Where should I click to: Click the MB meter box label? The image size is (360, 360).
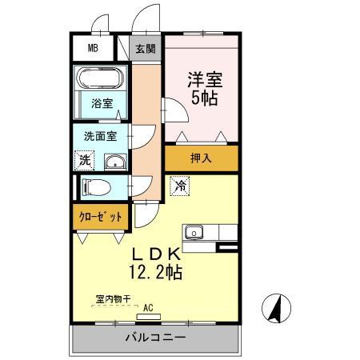[x=93, y=48]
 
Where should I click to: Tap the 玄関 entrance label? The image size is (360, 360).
[x=146, y=49]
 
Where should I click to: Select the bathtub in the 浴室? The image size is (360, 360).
[x=100, y=78]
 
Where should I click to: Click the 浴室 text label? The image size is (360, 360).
[x=102, y=103]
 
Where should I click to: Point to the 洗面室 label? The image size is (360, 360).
[x=100, y=136]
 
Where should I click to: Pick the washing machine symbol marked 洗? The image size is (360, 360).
[x=85, y=161]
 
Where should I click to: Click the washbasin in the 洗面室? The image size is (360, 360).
[x=115, y=162]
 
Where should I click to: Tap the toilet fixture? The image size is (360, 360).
[x=96, y=187]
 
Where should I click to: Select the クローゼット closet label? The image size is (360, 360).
[x=101, y=218]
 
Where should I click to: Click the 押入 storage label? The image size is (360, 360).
[x=201, y=158]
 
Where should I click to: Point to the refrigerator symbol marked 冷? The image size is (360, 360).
[x=180, y=186]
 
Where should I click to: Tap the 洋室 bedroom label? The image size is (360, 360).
[x=205, y=80]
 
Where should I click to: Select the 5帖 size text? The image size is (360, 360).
[x=205, y=98]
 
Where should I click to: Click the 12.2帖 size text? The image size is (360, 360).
[x=156, y=272]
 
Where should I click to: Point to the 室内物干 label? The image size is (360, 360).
[x=113, y=299]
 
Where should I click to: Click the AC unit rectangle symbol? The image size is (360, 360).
[x=149, y=317]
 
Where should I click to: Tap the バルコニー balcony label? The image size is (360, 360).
[x=156, y=338]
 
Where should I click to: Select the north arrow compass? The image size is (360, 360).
[x=276, y=308]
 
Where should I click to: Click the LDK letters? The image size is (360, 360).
[x=157, y=254]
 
